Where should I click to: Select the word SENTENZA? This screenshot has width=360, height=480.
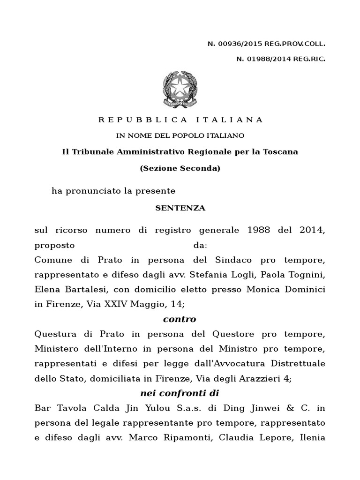tap(180, 208)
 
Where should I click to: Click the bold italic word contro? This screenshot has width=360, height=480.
tap(180, 319)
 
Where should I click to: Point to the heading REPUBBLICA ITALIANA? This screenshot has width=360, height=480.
tap(180, 120)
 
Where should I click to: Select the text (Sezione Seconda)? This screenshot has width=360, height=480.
tap(180, 168)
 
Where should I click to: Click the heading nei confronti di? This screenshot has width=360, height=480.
tap(180, 393)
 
